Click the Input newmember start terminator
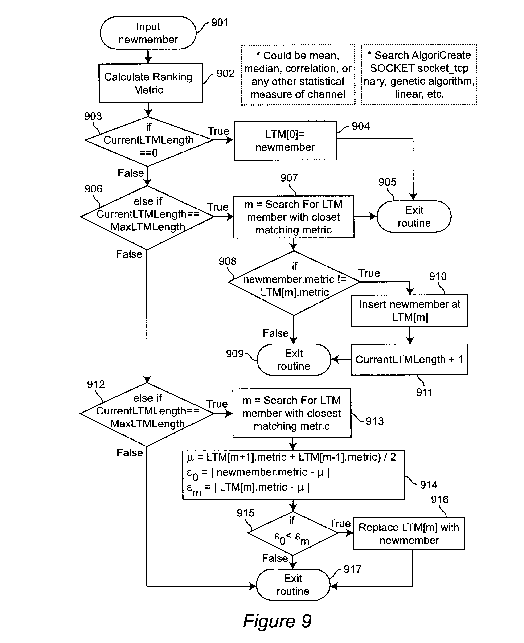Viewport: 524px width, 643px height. pos(148,33)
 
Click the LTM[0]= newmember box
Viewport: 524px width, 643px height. pos(285,140)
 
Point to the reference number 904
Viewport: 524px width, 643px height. pos(361,126)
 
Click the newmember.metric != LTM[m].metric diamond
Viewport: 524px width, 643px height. pos(294,283)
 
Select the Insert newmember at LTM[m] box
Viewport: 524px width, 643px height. pos(409,310)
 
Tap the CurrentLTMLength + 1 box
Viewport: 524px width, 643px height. pos(409,359)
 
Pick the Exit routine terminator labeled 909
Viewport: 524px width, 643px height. pos(294,360)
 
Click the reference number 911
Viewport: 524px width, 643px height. pos(424,393)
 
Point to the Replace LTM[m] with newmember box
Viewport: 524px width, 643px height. pos(409,534)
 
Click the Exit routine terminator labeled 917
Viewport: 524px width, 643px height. pos(293,585)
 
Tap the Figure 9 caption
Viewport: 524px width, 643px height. pos(277,621)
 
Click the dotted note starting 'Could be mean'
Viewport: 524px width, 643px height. pos(298,75)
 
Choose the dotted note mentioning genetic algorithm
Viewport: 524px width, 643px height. pos(419,74)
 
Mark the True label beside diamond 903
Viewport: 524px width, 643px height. pos(218,131)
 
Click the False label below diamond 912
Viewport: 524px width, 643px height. pos(130,453)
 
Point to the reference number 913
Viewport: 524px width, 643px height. pos(375,421)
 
